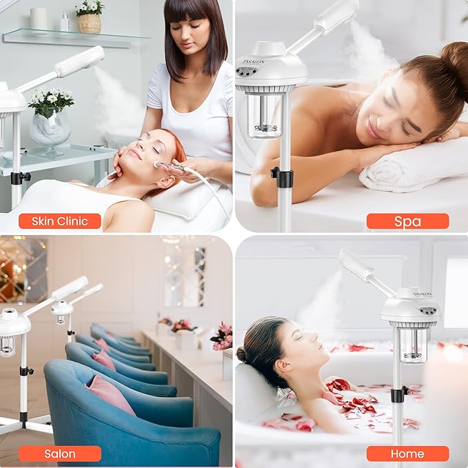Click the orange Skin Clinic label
point(59,221)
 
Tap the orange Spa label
point(407,221)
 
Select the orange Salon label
point(59,454)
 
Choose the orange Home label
point(407,454)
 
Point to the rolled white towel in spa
point(414,165)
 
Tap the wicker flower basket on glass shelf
point(88,23)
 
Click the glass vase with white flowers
point(49,129)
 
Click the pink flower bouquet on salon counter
point(222,336)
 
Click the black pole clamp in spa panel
point(283,176)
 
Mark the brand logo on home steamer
point(422,295)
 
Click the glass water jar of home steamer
point(413,344)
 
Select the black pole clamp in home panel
point(398,394)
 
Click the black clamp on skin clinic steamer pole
point(19,177)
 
